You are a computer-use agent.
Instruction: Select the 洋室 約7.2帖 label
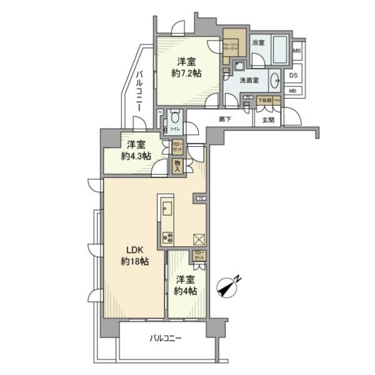186,67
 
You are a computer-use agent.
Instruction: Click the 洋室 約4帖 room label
186,285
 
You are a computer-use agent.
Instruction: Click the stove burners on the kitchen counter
167,236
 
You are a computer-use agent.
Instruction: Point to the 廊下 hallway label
226,119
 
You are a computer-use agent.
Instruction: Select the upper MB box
296,51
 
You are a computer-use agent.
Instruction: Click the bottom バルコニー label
165,338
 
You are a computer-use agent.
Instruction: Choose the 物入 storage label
177,166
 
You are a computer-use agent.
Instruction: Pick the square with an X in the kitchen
198,239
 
